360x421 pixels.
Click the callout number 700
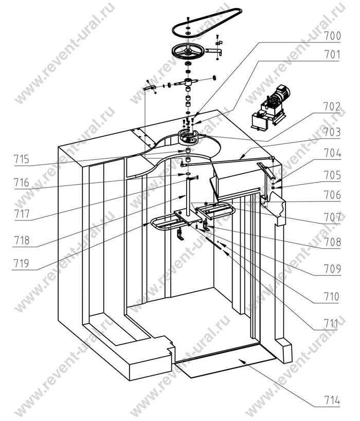pyautogui.click(x=332, y=36)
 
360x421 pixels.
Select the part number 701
pyautogui.click(x=332, y=55)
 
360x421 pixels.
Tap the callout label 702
pyautogui.click(x=332, y=106)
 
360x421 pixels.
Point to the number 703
pyautogui.click(x=332, y=132)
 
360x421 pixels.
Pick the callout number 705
pyautogui.click(x=332, y=175)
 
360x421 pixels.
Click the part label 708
pyautogui.click(x=333, y=242)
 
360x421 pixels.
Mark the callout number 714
pyautogui.click(x=332, y=401)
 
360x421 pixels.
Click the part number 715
pyautogui.click(x=22, y=159)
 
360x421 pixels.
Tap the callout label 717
pyautogui.click(x=22, y=214)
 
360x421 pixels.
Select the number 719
pyautogui.click(x=22, y=263)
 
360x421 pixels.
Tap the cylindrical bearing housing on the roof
pyautogui.click(x=188, y=137)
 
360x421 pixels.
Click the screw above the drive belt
pyautogui.click(x=188, y=19)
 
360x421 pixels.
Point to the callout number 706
pyautogui.click(x=332, y=195)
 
